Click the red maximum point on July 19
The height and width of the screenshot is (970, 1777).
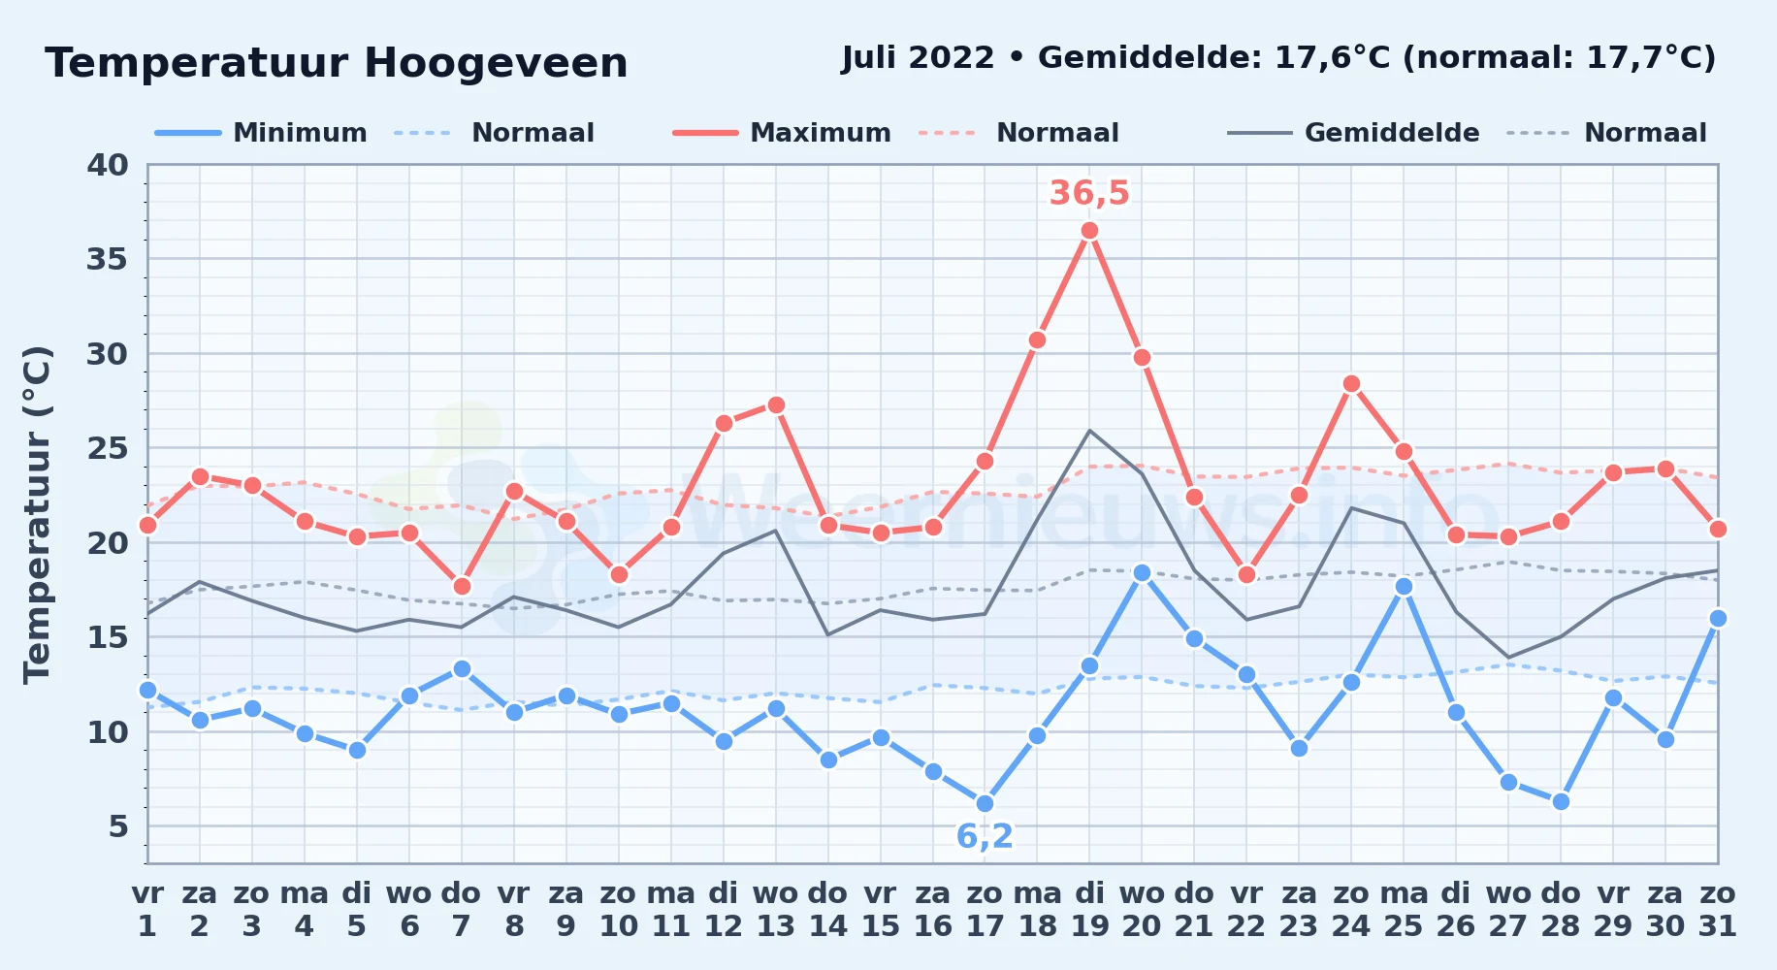pos(1089,231)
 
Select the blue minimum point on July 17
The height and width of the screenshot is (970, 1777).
pos(985,804)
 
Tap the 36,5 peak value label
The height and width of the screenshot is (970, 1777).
pos(1089,193)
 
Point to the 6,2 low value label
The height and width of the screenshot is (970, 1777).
pos(985,836)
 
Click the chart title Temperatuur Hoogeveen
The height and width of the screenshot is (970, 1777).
pos(337,63)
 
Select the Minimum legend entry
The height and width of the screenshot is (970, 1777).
pos(261,133)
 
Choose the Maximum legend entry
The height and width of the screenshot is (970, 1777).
pos(782,133)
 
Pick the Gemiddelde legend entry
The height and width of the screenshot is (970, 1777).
pos(1354,133)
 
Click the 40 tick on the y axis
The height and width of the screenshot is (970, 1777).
pos(108,165)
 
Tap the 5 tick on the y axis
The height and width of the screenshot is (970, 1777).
pos(118,826)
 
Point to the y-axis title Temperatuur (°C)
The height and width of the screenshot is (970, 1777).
pos(37,514)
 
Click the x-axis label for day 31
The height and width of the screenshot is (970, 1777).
pos(1717,910)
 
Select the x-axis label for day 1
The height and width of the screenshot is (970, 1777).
pos(147,910)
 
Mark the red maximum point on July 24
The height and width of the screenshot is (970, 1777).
pos(1351,384)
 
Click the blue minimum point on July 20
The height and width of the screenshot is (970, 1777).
pos(1142,573)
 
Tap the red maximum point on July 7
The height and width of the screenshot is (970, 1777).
pos(462,587)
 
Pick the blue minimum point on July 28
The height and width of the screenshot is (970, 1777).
pos(1561,802)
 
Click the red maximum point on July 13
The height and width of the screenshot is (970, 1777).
pos(776,404)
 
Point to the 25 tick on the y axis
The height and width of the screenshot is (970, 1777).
pos(108,448)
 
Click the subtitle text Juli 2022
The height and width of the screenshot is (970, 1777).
pos(918,58)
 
